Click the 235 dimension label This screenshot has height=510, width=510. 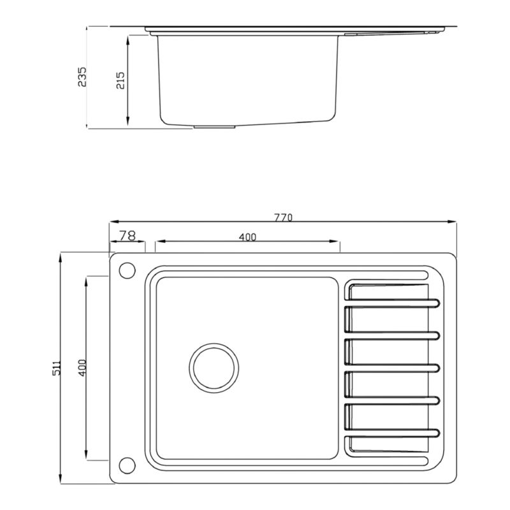click(82, 76)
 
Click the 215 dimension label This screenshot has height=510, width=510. click(120, 80)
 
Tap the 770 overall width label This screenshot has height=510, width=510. click(283, 217)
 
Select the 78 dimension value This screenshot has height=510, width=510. click(127, 235)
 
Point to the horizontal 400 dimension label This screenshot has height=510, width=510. click(247, 237)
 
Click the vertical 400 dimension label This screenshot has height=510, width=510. click(83, 368)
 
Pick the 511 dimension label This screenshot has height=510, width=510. click(56, 368)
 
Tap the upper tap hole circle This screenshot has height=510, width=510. click(127, 270)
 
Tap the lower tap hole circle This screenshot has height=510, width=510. click(127, 465)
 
